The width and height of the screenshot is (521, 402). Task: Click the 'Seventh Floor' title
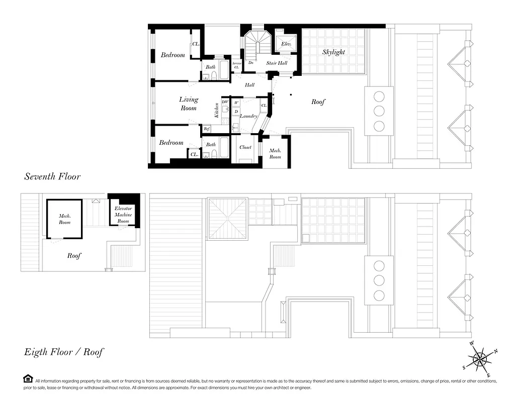[52, 176]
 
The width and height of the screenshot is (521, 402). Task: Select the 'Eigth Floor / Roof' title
[64, 352]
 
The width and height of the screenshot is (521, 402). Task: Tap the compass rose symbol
[480, 359]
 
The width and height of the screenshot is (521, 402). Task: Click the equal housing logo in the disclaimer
[28, 378]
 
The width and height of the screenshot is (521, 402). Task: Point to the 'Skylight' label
[333, 52]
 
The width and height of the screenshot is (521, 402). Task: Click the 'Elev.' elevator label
[286, 44]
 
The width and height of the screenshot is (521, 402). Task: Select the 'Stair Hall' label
[277, 63]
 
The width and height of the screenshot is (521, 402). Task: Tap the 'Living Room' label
[189, 104]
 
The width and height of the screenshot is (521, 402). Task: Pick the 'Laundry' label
[248, 116]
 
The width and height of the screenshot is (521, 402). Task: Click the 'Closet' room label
[245, 147]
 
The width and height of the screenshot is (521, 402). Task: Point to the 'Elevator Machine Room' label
[123, 214]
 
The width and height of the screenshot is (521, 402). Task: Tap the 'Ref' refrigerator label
[206, 129]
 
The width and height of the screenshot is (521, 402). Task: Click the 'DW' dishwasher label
[225, 102]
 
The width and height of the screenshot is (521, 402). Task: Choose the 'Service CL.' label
[237, 65]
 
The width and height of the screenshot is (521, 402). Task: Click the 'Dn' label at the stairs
[250, 63]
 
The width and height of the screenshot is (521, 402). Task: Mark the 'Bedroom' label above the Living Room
[172, 55]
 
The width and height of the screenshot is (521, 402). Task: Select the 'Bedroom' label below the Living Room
[171, 143]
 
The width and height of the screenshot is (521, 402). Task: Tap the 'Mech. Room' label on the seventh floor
[275, 153]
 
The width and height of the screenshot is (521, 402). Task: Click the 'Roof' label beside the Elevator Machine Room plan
[74, 255]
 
